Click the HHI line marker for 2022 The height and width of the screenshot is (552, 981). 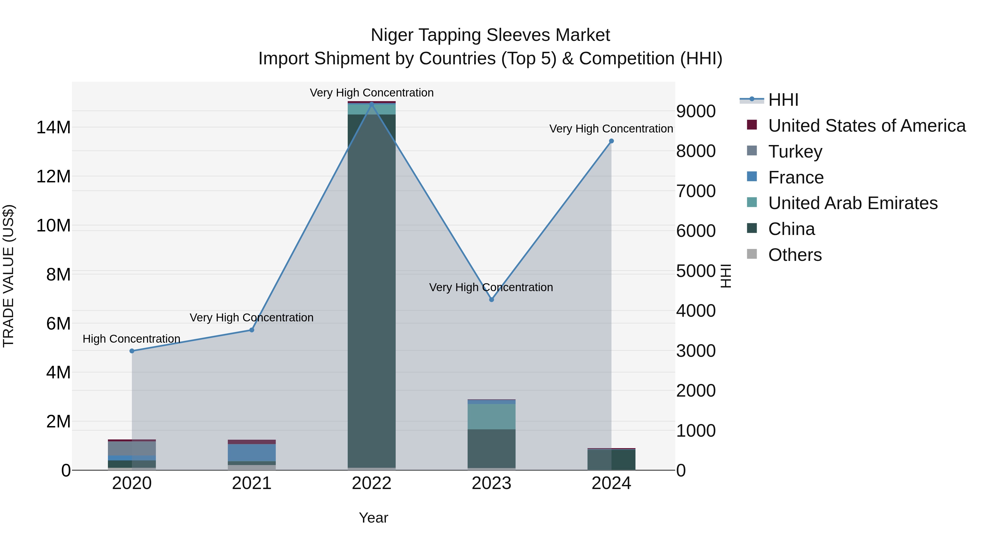click(x=372, y=104)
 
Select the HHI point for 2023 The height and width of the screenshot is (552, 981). click(x=491, y=300)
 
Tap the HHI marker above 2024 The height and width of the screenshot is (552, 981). click(x=611, y=141)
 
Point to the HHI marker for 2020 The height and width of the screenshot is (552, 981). click(x=132, y=351)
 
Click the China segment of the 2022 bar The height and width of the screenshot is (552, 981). click(x=372, y=289)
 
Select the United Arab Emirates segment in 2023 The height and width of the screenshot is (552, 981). click(x=491, y=416)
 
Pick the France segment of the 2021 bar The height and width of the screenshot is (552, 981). click(x=252, y=453)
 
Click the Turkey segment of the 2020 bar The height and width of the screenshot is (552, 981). click(x=132, y=448)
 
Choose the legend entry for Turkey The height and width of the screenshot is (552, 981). click(x=795, y=152)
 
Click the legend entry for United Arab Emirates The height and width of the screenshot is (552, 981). click(x=853, y=203)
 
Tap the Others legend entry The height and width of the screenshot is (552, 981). click(x=795, y=255)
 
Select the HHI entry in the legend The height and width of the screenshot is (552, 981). click(x=783, y=100)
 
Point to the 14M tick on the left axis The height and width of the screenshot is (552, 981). click(x=53, y=127)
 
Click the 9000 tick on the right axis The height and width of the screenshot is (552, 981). click(x=696, y=111)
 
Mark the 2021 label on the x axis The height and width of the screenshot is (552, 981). click(x=252, y=483)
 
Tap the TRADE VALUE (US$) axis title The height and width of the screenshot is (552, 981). click(x=8, y=276)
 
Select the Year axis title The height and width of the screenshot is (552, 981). click(x=373, y=518)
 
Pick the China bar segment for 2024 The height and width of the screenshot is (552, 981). click(x=611, y=460)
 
